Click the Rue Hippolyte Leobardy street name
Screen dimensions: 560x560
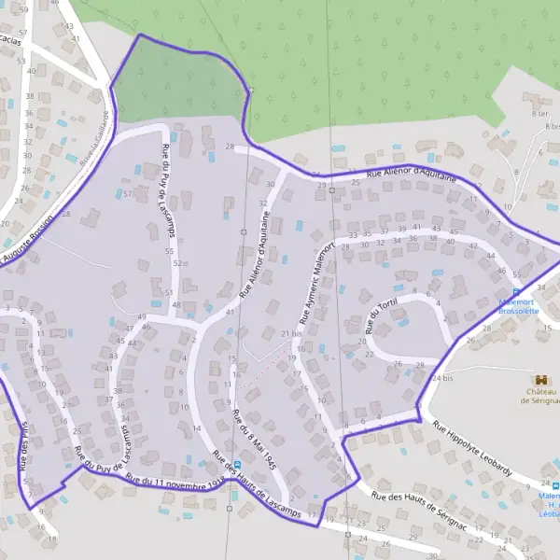(x=472, y=448)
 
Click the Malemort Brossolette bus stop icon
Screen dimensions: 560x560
(x=518, y=291)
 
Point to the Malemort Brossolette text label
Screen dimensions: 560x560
(x=519, y=307)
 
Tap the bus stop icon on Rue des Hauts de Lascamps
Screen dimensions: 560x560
(x=235, y=464)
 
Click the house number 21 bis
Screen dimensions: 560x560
(x=291, y=333)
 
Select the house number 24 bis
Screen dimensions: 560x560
(x=442, y=377)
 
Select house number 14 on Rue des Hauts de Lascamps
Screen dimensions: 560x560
(x=197, y=427)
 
